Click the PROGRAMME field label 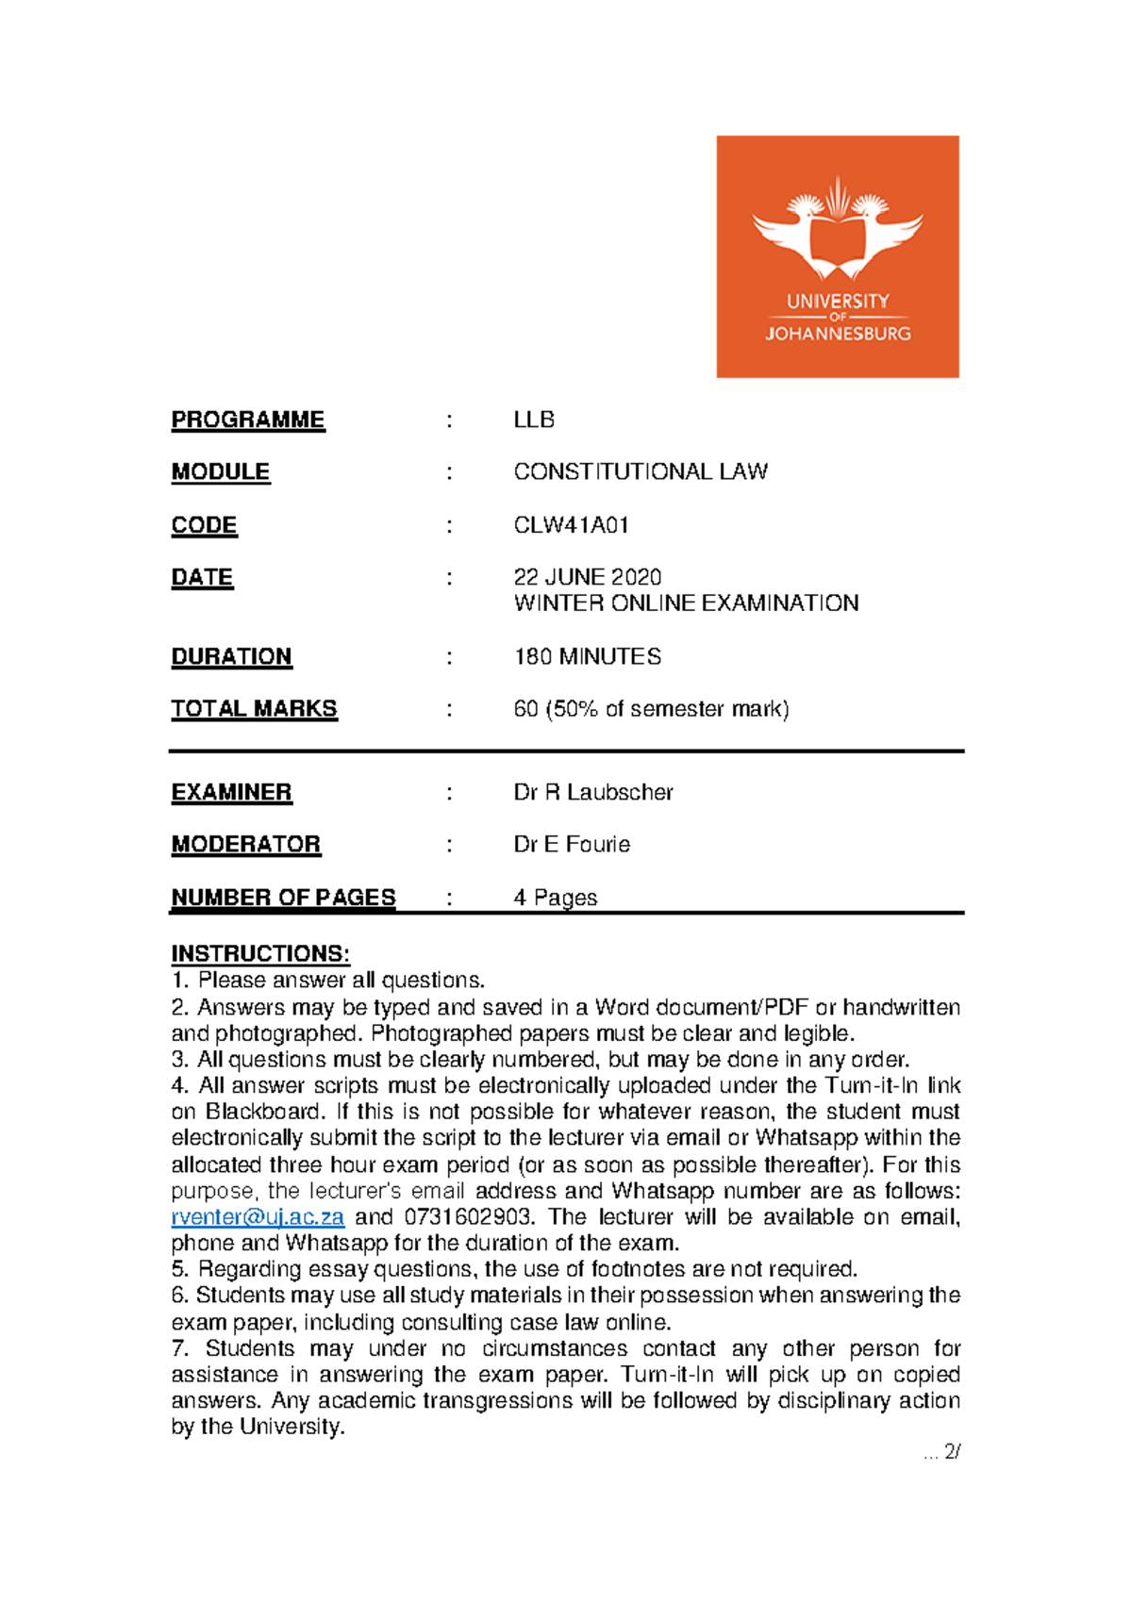(x=248, y=420)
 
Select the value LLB (x=534, y=420)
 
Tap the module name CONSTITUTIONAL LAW (x=641, y=471)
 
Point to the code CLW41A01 (x=571, y=525)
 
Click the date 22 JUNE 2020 (x=587, y=577)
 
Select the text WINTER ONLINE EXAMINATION (x=686, y=603)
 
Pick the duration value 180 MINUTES (x=587, y=656)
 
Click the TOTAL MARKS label (x=254, y=709)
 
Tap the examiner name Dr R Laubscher (x=593, y=792)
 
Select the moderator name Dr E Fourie (x=572, y=844)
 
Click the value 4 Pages (x=555, y=898)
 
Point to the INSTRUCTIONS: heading (x=260, y=953)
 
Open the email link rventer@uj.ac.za (x=258, y=1217)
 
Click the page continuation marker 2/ (x=951, y=1452)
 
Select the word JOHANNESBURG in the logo (x=838, y=334)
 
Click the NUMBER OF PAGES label (x=283, y=898)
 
